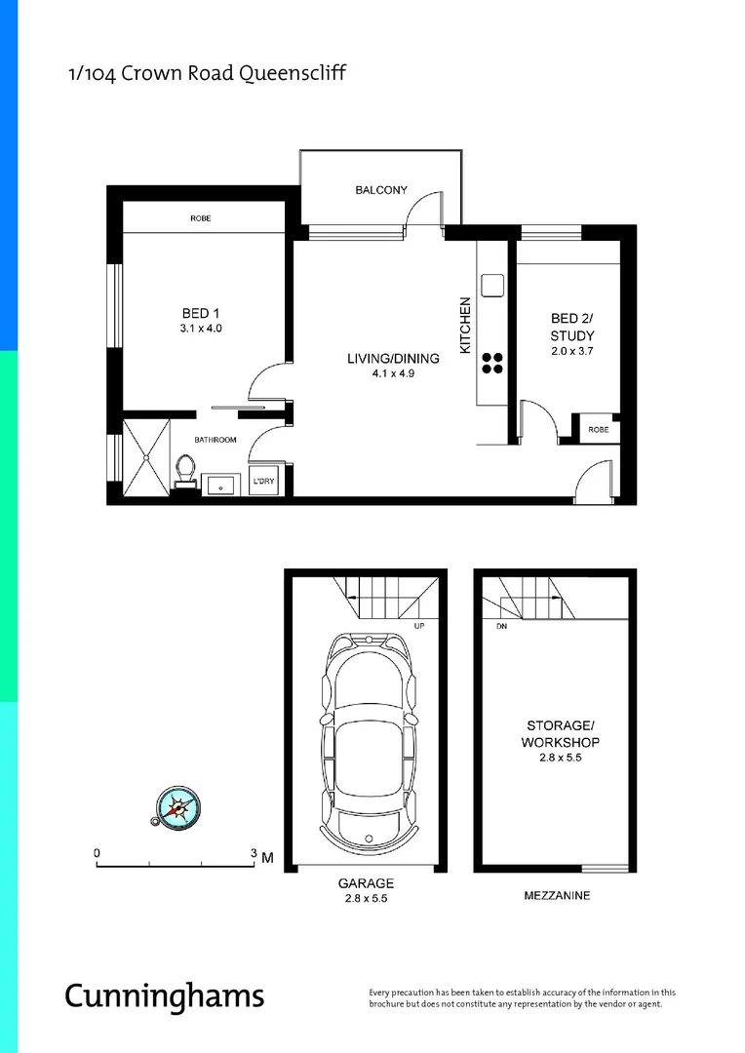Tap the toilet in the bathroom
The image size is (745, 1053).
(184, 472)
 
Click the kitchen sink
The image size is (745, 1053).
(491, 285)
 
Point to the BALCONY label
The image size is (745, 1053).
(380, 190)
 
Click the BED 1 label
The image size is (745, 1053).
(201, 313)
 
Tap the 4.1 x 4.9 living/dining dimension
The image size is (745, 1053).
(393, 373)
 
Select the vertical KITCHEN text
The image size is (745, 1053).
(465, 326)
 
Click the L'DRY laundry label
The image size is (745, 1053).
(262, 482)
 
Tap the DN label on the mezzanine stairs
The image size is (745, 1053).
(501, 626)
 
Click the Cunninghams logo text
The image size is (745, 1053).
(164, 995)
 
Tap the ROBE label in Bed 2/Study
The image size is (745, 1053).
(598, 429)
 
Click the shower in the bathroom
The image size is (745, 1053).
(145, 455)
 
